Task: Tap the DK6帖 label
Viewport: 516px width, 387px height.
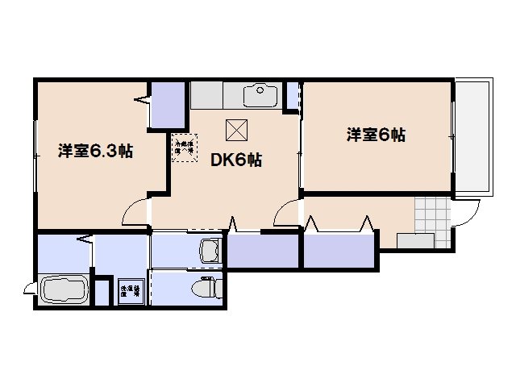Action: click(x=236, y=160)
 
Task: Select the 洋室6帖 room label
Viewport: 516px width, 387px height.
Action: click(x=376, y=135)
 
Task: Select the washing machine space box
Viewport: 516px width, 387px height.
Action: click(x=130, y=291)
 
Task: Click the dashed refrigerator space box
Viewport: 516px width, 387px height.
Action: click(x=184, y=147)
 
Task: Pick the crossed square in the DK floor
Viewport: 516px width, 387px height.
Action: click(x=235, y=129)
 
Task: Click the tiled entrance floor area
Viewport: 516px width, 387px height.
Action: click(x=430, y=214)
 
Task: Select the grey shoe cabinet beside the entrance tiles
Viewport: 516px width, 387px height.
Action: click(x=414, y=240)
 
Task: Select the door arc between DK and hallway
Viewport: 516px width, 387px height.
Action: click(x=286, y=214)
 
